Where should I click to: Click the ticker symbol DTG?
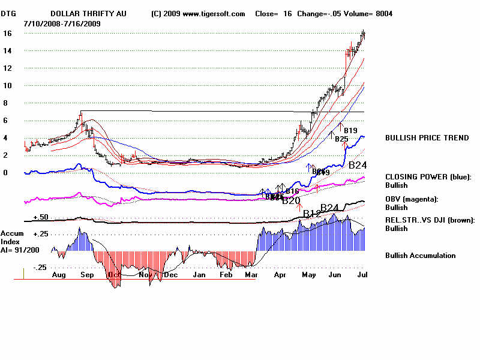tap(8, 14)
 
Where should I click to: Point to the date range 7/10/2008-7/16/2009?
tap(62, 23)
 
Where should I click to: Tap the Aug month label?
tap(59, 275)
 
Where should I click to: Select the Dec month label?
tap(172, 275)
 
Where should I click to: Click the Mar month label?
tap(251, 275)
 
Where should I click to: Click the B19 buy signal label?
tap(350, 131)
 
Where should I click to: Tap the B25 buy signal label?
tap(341, 139)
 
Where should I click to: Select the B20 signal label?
tap(291, 201)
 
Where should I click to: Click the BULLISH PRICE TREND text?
tap(427, 138)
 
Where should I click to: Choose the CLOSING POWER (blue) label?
tap(428, 177)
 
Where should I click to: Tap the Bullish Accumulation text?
tap(420, 256)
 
